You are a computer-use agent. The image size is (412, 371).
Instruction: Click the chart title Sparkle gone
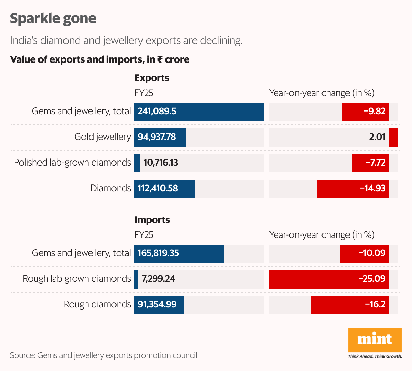coord(53,18)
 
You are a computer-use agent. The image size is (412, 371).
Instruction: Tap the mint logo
coord(375,340)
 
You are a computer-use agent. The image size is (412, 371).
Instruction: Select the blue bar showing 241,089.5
coord(199,112)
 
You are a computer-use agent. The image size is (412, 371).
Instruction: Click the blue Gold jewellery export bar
coord(160,137)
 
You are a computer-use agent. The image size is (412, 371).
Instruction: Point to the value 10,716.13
coord(160,163)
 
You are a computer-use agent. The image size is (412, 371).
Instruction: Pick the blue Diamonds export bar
coord(164,189)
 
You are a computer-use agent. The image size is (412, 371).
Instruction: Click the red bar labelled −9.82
coord(365,112)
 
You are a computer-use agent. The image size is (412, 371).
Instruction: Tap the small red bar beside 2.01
coord(393,137)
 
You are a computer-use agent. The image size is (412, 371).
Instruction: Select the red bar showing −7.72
coord(370,163)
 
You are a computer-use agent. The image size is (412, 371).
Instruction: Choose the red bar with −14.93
coord(353,189)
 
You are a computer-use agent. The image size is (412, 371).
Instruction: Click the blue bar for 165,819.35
coord(179,253)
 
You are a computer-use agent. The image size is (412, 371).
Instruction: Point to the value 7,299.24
coord(158,279)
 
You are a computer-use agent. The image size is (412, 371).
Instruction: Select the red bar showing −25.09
coord(329,279)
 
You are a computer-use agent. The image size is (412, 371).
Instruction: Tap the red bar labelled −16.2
coord(350,305)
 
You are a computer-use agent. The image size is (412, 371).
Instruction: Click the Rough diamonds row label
coord(97,304)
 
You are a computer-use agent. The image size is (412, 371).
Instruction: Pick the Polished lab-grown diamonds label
coord(72,163)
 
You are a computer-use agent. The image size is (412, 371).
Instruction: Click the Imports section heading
coord(152,220)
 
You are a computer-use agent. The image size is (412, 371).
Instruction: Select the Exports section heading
coord(152,78)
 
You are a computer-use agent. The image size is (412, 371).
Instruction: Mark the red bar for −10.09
coord(364,253)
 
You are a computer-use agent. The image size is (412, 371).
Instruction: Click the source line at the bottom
coord(103,355)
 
